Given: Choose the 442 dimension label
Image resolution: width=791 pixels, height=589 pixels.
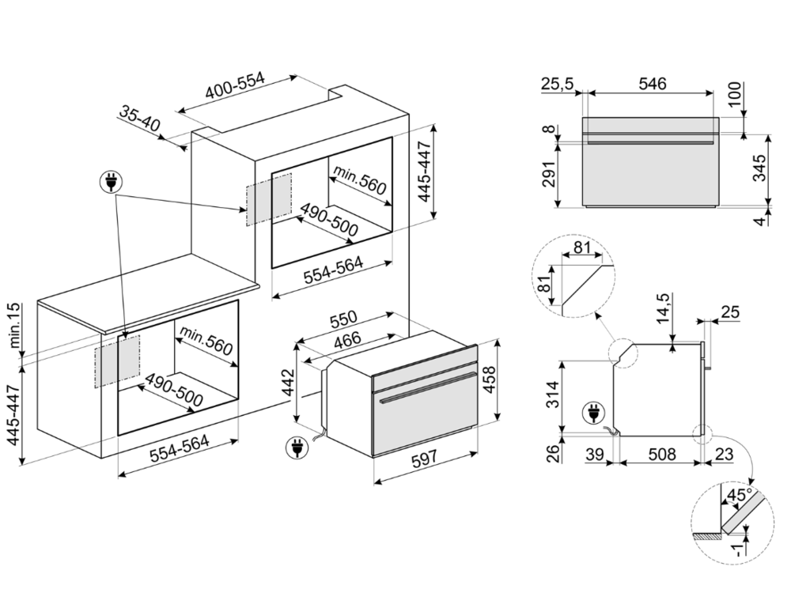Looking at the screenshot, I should pos(290,383).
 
